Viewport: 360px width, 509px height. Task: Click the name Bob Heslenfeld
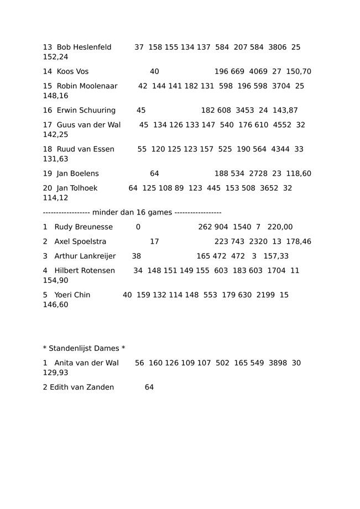84,48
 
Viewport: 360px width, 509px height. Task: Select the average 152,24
56,57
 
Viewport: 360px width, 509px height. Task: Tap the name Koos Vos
72,72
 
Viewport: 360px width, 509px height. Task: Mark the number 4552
282,125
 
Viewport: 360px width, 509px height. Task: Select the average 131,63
56,159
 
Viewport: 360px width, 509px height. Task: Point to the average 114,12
56,198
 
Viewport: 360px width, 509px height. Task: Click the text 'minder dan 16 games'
133,213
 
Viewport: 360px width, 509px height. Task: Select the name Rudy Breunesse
84,227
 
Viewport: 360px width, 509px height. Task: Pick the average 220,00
280,227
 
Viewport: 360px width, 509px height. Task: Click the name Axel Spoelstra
80,242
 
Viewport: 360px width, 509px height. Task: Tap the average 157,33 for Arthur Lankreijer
276,256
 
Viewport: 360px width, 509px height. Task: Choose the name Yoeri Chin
72,295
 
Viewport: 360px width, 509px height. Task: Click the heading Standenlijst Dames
84,349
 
